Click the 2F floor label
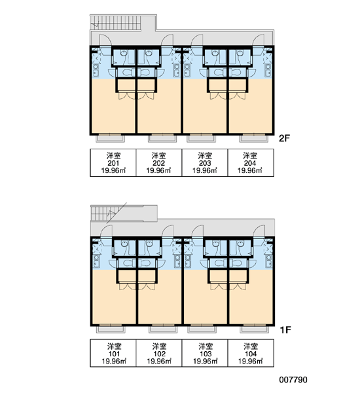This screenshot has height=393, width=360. click(x=284, y=138)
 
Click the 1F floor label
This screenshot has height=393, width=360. click(x=285, y=330)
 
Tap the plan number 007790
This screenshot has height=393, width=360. click(x=293, y=380)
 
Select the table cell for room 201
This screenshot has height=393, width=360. click(x=113, y=163)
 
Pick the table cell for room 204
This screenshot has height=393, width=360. click(x=251, y=163)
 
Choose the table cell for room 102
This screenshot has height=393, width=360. click(x=159, y=354)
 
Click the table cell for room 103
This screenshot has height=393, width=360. click(x=205, y=354)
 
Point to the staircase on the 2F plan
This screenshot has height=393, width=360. click(x=116, y=23)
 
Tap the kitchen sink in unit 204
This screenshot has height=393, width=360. click(x=268, y=71)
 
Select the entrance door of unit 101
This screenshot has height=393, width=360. click(x=106, y=231)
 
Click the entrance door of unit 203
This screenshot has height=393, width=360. click(x=196, y=41)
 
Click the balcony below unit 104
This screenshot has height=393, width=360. click(x=254, y=329)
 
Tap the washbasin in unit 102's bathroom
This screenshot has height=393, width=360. click(x=149, y=244)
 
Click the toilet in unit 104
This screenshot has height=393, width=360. click(x=236, y=263)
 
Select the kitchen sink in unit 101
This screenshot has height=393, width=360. click(x=96, y=261)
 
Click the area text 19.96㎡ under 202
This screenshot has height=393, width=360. click(x=158, y=171)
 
